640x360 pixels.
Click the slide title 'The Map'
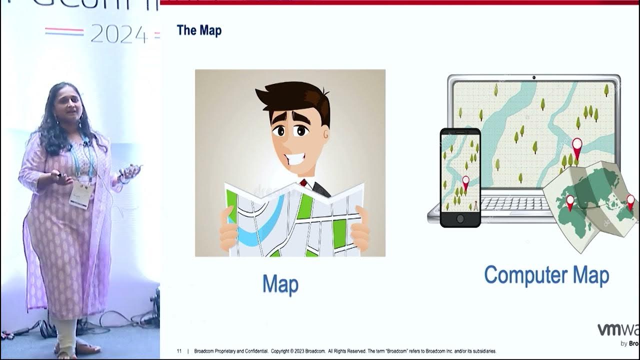[x=199, y=30]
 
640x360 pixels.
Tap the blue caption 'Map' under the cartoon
[x=280, y=284]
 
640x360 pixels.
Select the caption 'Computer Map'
[x=546, y=275]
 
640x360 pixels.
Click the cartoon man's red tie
[x=303, y=183]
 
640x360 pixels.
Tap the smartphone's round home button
[x=460, y=219]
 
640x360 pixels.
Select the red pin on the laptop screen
[x=577, y=146]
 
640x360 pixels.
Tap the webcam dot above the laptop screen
[x=534, y=77]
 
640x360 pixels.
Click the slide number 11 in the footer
[x=179, y=351]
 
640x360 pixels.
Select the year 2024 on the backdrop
[x=119, y=34]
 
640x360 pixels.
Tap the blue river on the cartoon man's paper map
[x=260, y=225]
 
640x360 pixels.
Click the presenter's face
[x=68, y=102]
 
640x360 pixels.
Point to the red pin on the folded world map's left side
[x=570, y=201]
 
